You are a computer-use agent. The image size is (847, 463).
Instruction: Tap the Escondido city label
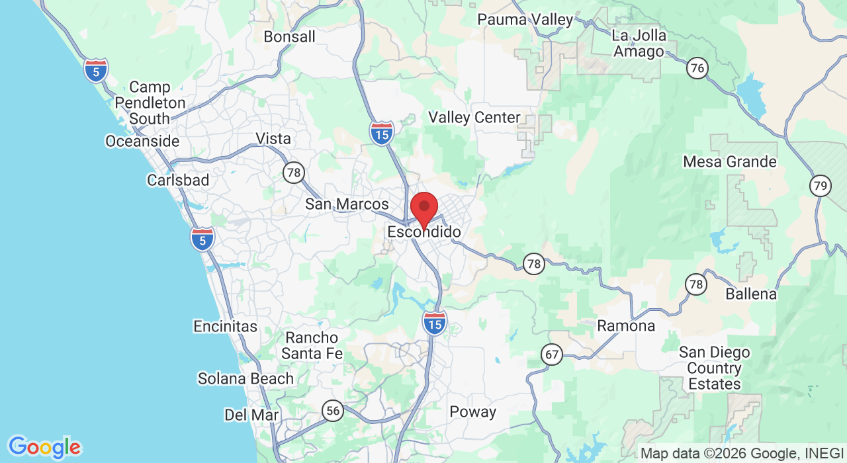(424, 233)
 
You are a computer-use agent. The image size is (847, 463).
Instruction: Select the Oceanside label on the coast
(142, 142)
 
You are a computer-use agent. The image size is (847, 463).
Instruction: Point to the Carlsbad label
(178, 181)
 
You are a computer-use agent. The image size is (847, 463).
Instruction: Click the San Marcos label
(347, 204)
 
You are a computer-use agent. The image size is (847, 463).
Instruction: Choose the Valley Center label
(474, 118)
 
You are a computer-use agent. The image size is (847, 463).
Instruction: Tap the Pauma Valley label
(525, 20)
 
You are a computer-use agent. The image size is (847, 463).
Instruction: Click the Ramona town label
(626, 325)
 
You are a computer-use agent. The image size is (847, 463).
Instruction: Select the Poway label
(472, 412)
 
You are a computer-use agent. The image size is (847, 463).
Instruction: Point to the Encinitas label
(225, 326)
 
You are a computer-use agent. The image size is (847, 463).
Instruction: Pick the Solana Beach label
(245, 379)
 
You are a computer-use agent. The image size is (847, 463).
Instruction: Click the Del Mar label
(251, 415)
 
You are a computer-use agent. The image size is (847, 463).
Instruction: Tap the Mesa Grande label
(730, 162)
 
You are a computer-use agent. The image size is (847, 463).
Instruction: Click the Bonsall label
(289, 37)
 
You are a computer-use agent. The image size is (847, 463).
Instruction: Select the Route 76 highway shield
(697, 68)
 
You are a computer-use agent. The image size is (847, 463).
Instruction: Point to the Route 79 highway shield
(821, 186)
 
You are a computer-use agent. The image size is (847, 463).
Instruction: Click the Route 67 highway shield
(552, 355)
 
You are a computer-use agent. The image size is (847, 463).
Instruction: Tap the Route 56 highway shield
(333, 411)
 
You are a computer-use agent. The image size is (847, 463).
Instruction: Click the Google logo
(44, 447)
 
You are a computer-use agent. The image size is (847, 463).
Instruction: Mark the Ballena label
(751, 294)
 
